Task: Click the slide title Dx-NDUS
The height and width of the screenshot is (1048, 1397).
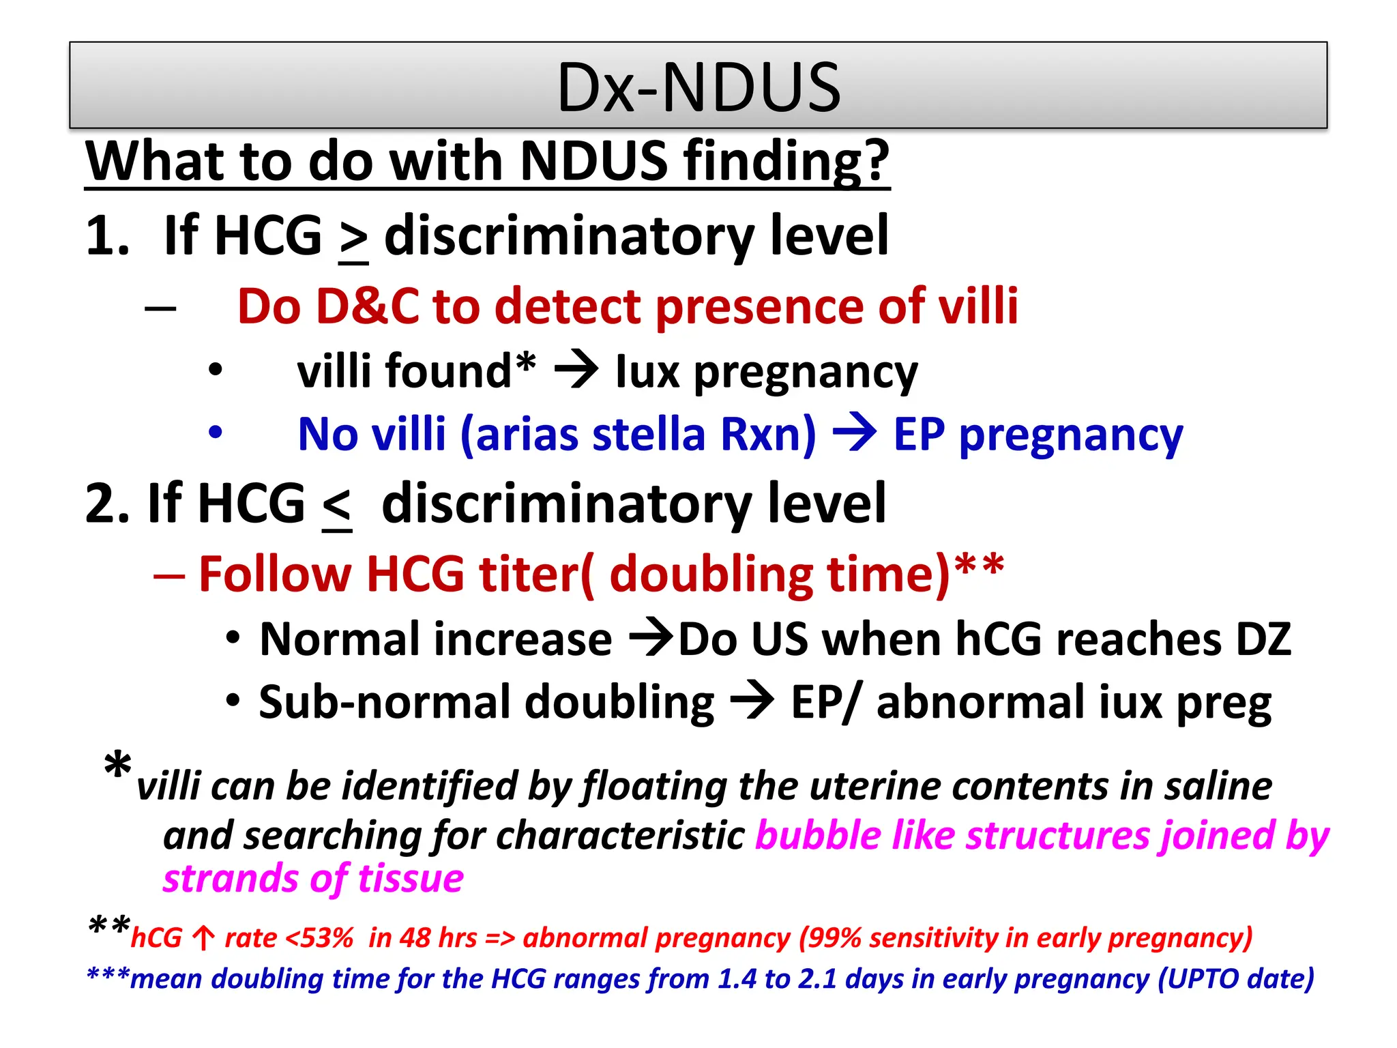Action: pyautogui.click(x=698, y=87)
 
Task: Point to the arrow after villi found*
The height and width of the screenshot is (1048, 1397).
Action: pyautogui.click(x=576, y=372)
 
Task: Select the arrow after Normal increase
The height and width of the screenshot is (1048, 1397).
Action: pyautogui.click(x=651, y=639)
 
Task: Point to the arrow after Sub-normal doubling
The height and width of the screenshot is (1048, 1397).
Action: pyautogui.click(x=752, y=702)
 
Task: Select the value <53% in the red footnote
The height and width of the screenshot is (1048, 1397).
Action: pyautogui.click(x=319, y=938)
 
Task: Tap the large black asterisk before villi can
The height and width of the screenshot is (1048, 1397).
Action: pyautogui.click(x=118, y=766)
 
